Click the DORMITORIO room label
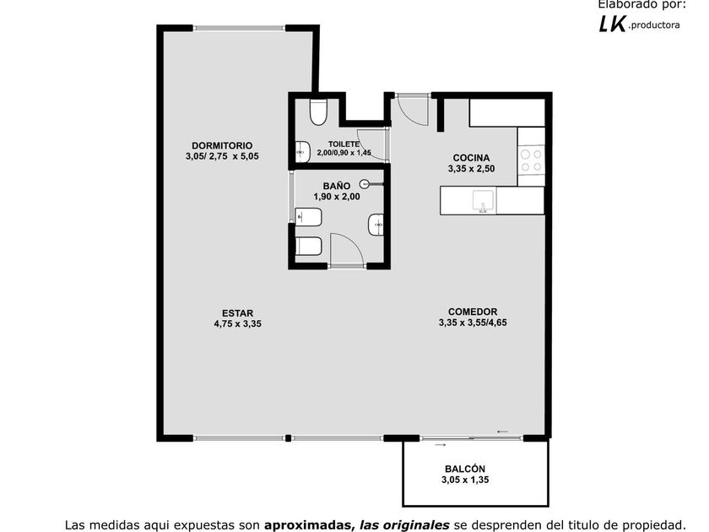(222, 145)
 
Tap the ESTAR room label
(237, 313)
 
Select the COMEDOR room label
(473, 312)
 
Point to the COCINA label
(471, 158)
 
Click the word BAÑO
(337, 186)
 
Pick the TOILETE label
(344, 144)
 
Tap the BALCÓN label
(465, 470)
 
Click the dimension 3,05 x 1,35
(465, 480)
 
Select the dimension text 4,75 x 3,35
(237, 324)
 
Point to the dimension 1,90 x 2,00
(337, 197)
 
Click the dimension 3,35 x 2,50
(471, 169)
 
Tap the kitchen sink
(483, 201)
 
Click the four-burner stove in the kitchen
(531, 160)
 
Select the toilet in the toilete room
(318, 111)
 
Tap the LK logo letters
(612, 24)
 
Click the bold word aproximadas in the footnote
(308, 525)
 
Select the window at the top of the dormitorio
(239, 28)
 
